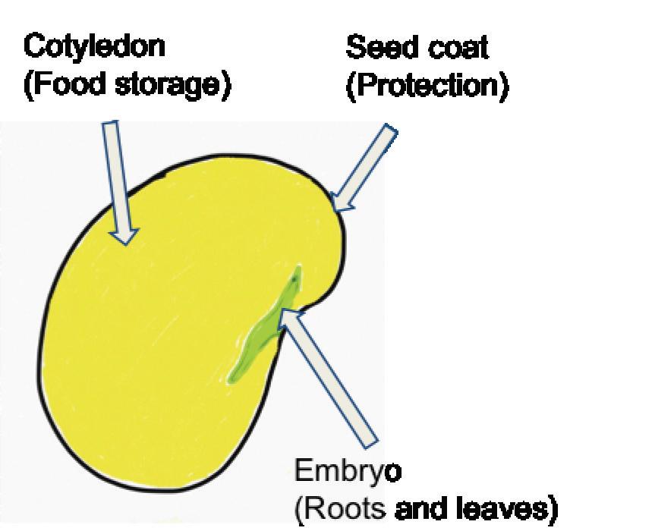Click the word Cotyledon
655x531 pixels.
pos(94,47)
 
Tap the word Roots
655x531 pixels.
pos(345,507)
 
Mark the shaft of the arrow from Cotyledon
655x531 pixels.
pos(115,174)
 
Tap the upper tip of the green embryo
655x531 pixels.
pos(298,269)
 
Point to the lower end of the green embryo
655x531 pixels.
pos(235,375)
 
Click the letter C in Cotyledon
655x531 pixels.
pos(33,47)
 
